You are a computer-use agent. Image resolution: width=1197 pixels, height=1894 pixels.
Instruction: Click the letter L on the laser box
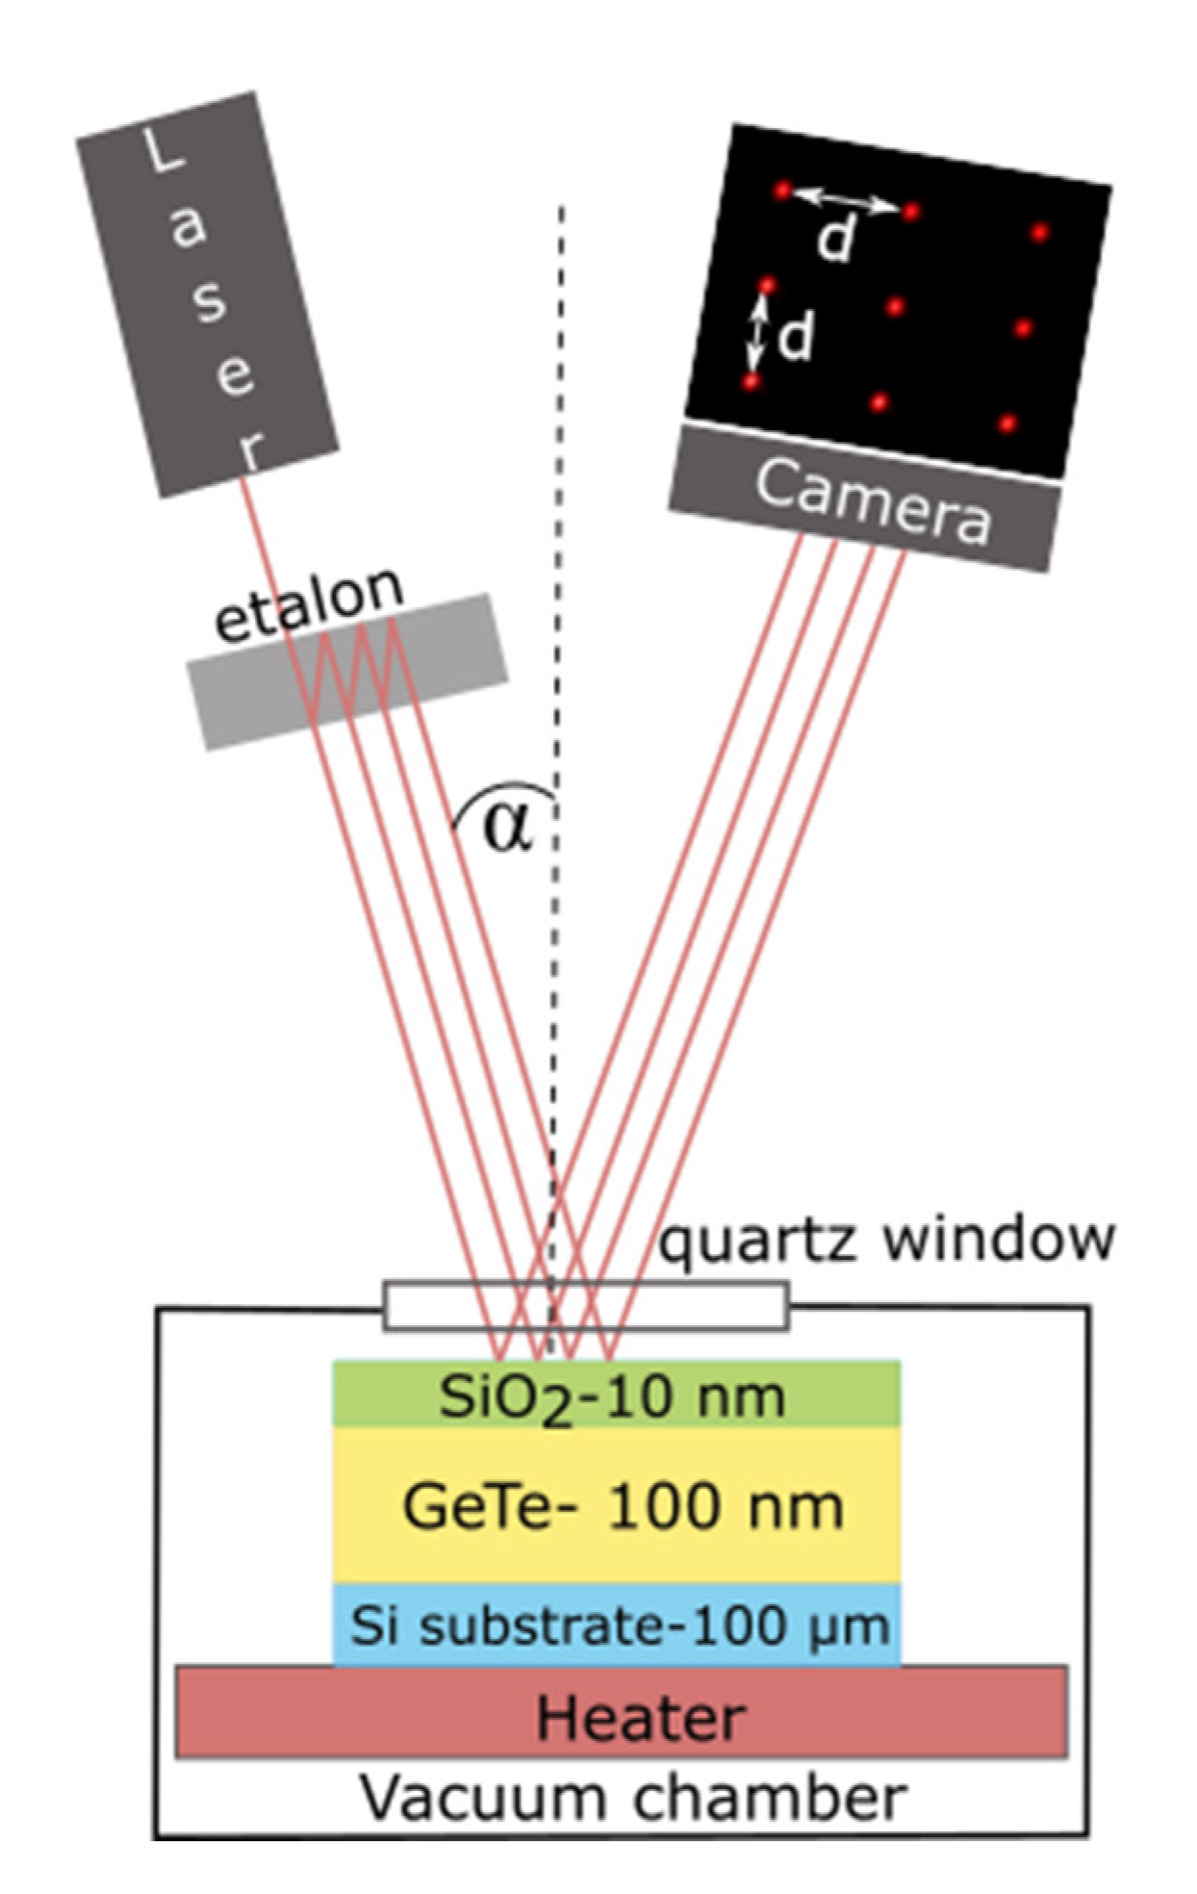pyautogui.click(x=161, y=152)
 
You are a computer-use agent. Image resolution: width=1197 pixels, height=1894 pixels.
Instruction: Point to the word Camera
pyautogui.click(x=871, y=499)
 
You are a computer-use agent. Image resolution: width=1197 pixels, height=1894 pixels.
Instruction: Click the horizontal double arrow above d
pyautogui.click(x=846, y=200)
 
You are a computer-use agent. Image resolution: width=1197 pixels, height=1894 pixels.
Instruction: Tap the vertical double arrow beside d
pyautogui.click(x=758, y=334)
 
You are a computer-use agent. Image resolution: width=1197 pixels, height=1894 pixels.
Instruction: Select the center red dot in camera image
pyautogui.click(x=895, y=307)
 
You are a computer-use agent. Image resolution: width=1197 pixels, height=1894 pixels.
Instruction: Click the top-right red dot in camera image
pyautogui.click(x=1039, y=232)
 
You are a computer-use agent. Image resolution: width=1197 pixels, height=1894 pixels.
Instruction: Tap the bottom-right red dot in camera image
pyautogui.click(x=1006, y=422)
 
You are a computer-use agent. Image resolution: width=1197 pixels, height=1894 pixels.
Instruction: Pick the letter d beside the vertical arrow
pyautogui.click(x=795, y=338)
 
